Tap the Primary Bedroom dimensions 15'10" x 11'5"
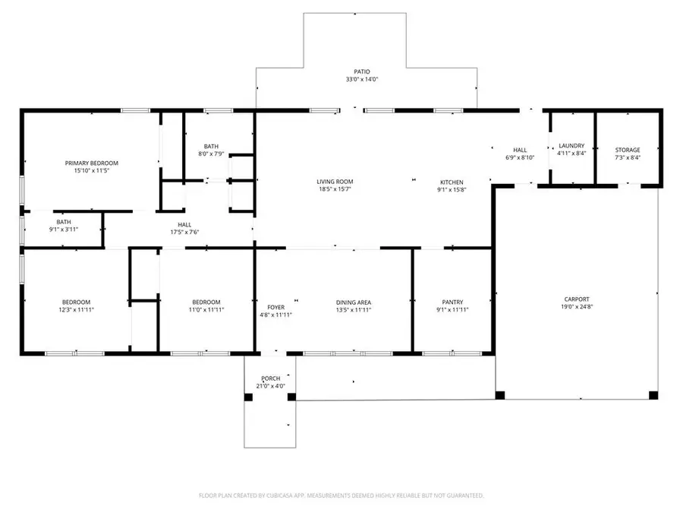(91, 171)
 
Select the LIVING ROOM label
(335, 182)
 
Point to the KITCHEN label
(452, 182)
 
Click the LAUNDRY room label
(571, 145)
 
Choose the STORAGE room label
(627, 150)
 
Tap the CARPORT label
(576, 299)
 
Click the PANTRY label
(452, 302)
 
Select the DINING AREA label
(353, 302)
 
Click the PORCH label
(271, 378)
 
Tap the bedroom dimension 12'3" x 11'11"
(76, 309)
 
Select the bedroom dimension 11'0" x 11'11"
(206, 309)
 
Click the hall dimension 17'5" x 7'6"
(184, 233)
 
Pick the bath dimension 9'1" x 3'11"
(64, 230)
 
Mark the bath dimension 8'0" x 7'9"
(212, 154)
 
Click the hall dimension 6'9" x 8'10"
(519, 157)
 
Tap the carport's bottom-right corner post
(653, 394)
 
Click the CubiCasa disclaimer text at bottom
(341, 495)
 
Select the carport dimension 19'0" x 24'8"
(576, 307)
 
